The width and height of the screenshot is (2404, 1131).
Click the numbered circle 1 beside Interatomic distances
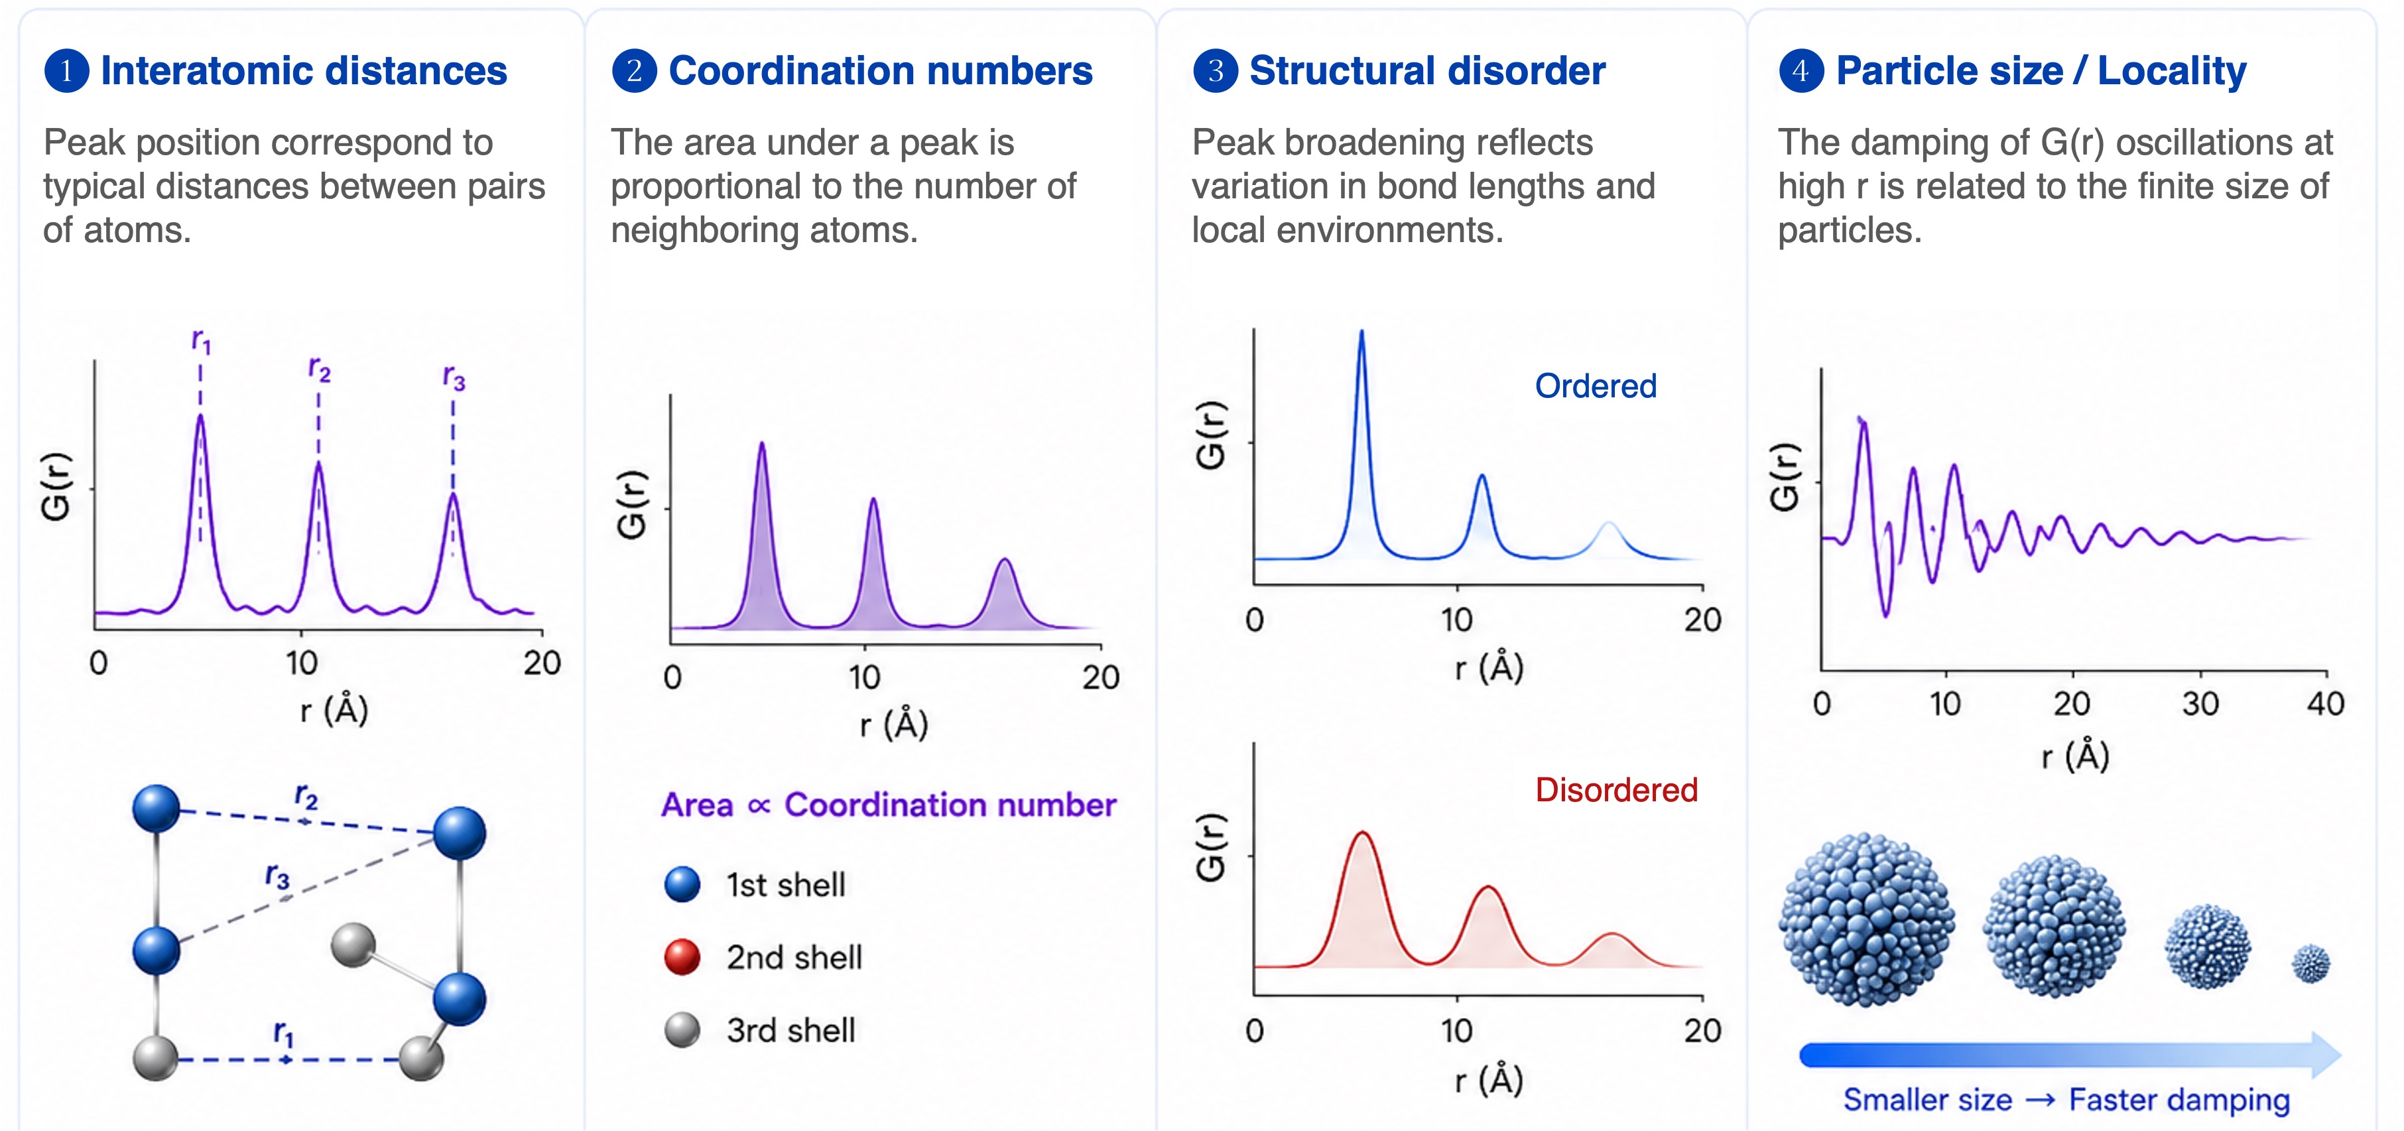pos(66,71)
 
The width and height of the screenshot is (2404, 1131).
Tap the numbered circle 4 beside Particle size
pos(1801,71)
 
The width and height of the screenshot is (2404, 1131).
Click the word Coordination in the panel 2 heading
pos(800,71)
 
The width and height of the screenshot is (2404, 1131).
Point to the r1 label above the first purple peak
pos(201,342)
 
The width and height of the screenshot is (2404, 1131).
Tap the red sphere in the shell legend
pos(682,957)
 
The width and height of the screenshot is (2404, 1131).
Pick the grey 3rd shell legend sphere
pos(682,1030)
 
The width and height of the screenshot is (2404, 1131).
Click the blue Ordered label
pos(1596,385)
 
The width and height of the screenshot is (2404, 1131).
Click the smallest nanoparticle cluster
pos(2310,964)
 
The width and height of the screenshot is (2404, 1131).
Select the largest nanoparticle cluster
pos(1866,920)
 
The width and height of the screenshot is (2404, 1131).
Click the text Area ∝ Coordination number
pos(889,805)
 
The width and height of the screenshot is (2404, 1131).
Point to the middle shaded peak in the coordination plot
pos(873,578)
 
